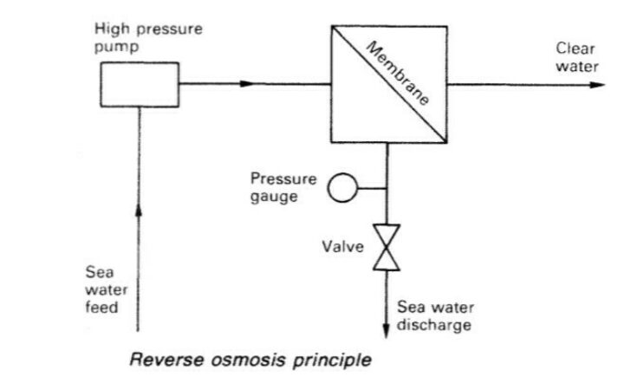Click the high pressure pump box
(140, 83)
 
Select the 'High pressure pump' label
(148, 37)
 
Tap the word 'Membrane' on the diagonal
(400, 74)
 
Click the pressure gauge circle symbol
(341, 186)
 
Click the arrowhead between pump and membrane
(247, 84)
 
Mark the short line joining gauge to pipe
(371, 186)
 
